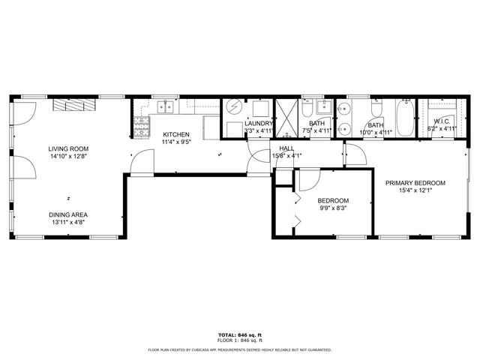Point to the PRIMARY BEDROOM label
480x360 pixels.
point(415,183)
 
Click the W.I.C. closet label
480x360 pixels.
point(441,121)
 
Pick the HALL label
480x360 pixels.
point(286,148)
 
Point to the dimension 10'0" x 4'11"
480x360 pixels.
point(376,133)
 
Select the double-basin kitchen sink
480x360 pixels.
point(166,107)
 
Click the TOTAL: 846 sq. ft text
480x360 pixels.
point(239,334)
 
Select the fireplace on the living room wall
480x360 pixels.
point(74,106)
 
